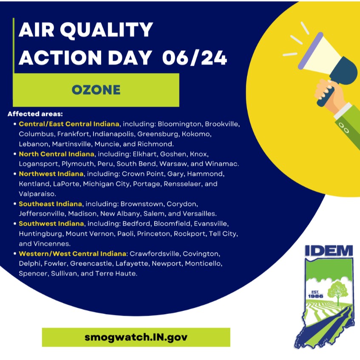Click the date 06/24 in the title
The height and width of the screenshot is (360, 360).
click(x=195, y=57)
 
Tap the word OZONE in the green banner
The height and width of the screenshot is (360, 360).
click(x=96, y=90)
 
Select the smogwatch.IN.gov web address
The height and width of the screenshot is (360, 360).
click(x=136, y=337)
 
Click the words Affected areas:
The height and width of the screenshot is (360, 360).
click(x=35, y=114)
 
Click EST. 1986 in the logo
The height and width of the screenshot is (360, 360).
click(x=315, y=293)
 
